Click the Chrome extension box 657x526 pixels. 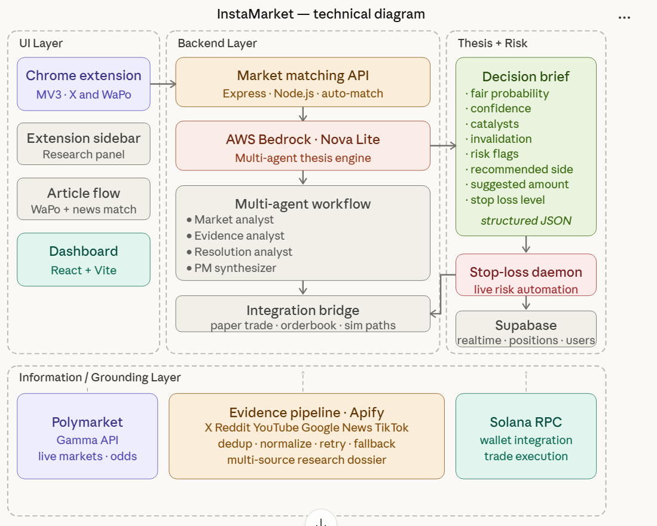(83, 84)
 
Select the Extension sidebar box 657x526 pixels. (83, 143)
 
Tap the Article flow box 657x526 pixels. (83, 199)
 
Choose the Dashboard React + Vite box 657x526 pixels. (83, 259)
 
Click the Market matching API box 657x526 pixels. (303, 82)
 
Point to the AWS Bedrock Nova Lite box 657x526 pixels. (303, 146)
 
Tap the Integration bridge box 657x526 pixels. (303, 314)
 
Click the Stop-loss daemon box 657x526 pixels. (526, 275)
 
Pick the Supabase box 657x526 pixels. (526, 329)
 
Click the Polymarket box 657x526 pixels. (87, 436)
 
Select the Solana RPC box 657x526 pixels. (526, 436)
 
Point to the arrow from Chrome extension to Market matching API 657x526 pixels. (163, 84)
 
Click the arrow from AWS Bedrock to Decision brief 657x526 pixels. (443, 145)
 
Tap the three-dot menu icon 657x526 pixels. (624, 17)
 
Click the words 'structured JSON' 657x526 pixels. (526, 221)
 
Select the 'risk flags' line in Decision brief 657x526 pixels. (494, 154)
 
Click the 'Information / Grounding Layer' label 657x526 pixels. (100, 377)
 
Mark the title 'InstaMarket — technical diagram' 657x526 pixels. (320, 14)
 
